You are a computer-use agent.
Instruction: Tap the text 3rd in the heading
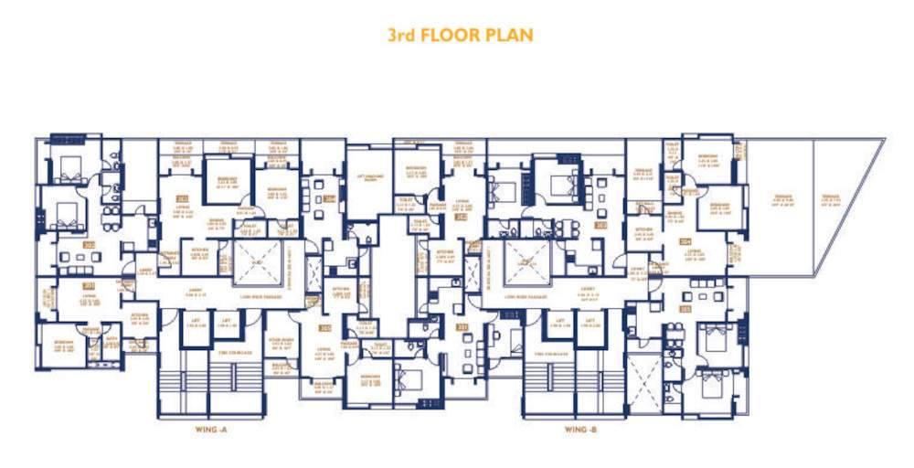point(404,36)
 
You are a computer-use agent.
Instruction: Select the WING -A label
point(215,429)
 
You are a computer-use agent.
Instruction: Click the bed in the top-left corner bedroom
point(69,167)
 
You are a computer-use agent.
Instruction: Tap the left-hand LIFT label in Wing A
point(197,321)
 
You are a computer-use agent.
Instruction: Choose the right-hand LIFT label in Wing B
point(591,321)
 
